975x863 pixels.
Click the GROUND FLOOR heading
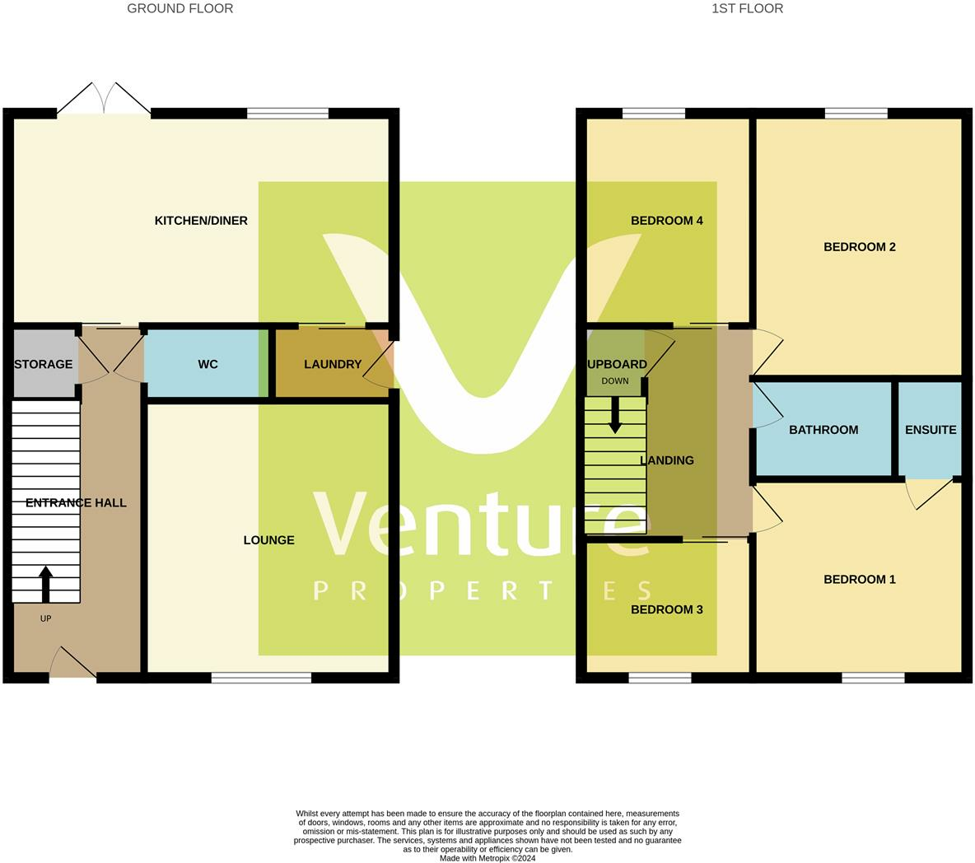click(180, 8)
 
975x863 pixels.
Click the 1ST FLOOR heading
click(747, 8)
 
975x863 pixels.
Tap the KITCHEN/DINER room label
click(201, 221)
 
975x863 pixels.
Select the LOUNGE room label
click(268, 540)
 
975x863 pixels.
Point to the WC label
click(208, 364)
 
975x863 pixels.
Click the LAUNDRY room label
click(333, 364)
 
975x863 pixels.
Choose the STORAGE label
click(44, 364)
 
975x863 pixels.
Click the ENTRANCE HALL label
click(76, 502)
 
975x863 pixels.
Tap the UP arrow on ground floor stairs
click(45, 584)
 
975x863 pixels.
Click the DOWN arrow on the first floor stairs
click(615, 416)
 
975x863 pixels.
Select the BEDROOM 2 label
click(859, 247)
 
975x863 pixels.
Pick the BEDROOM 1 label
click(859, 580)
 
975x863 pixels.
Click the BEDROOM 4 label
click(666, 221)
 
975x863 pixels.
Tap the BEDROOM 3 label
click(666, 609)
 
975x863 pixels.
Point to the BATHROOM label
click(823, 430)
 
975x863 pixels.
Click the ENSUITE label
click(931, 430)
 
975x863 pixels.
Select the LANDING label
click(667, 460)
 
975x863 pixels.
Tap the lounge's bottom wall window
click(261, 678)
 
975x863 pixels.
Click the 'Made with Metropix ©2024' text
click(487, 857)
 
